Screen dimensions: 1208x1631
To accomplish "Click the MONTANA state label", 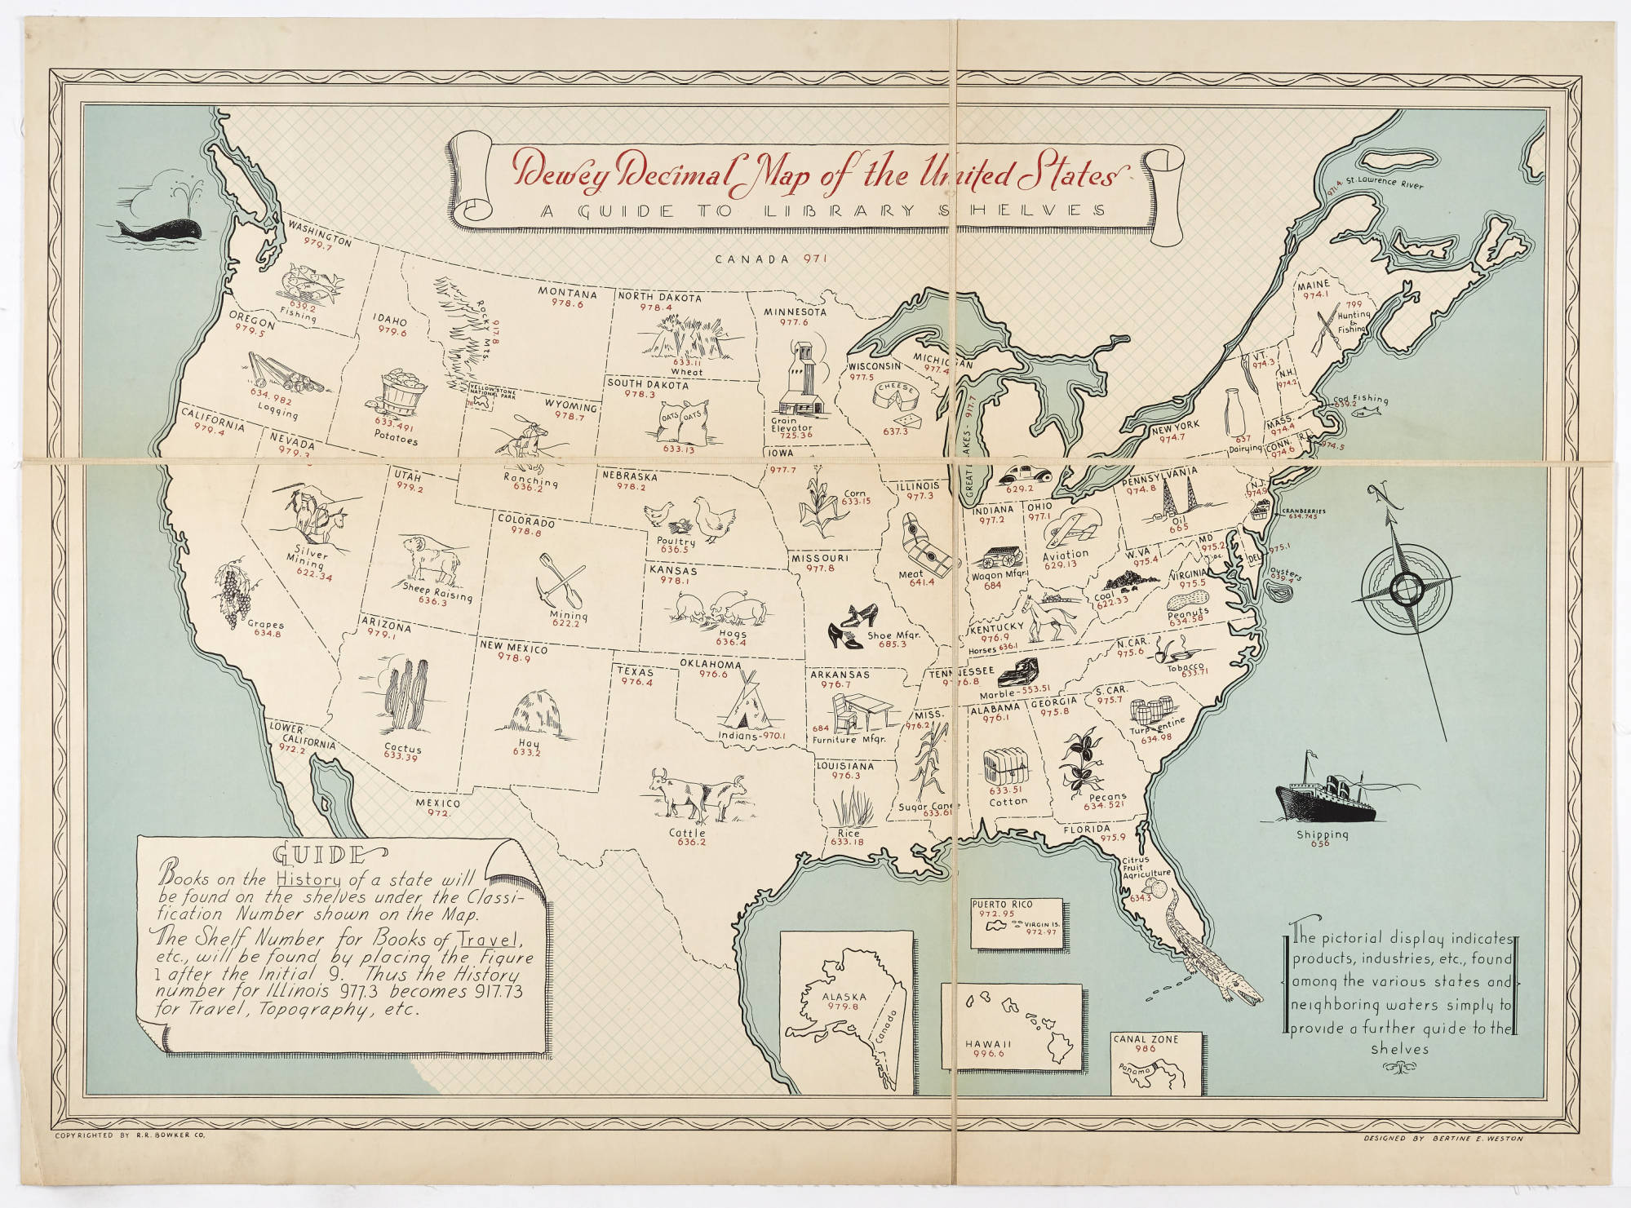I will [566, 294].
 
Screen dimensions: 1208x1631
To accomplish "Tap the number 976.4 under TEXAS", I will [636, 682].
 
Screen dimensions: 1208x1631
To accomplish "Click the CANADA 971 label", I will [771, 259].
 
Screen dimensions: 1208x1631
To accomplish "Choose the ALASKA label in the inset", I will [844, 997].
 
